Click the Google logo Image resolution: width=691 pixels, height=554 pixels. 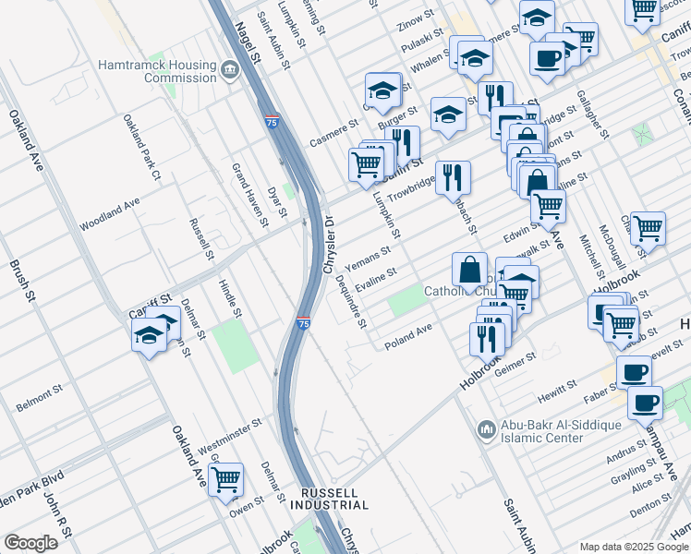pyautogui.click(x=30, y=543)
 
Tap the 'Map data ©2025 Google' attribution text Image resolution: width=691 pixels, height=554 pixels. pyautogui.click(x=634, y=547)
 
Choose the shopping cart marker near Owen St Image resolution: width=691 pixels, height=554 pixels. pyautogui.click(x=225, y=479)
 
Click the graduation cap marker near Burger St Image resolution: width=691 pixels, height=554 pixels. pyautogui.click(x=382, y=90)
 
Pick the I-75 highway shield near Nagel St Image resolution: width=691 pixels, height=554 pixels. pyautogui.click(x=272, y=121)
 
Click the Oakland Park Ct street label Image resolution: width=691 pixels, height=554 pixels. pyautogui.click(x=142, y=148)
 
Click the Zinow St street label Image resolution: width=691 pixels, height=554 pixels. pyautogui.click(x=415, y=18)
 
